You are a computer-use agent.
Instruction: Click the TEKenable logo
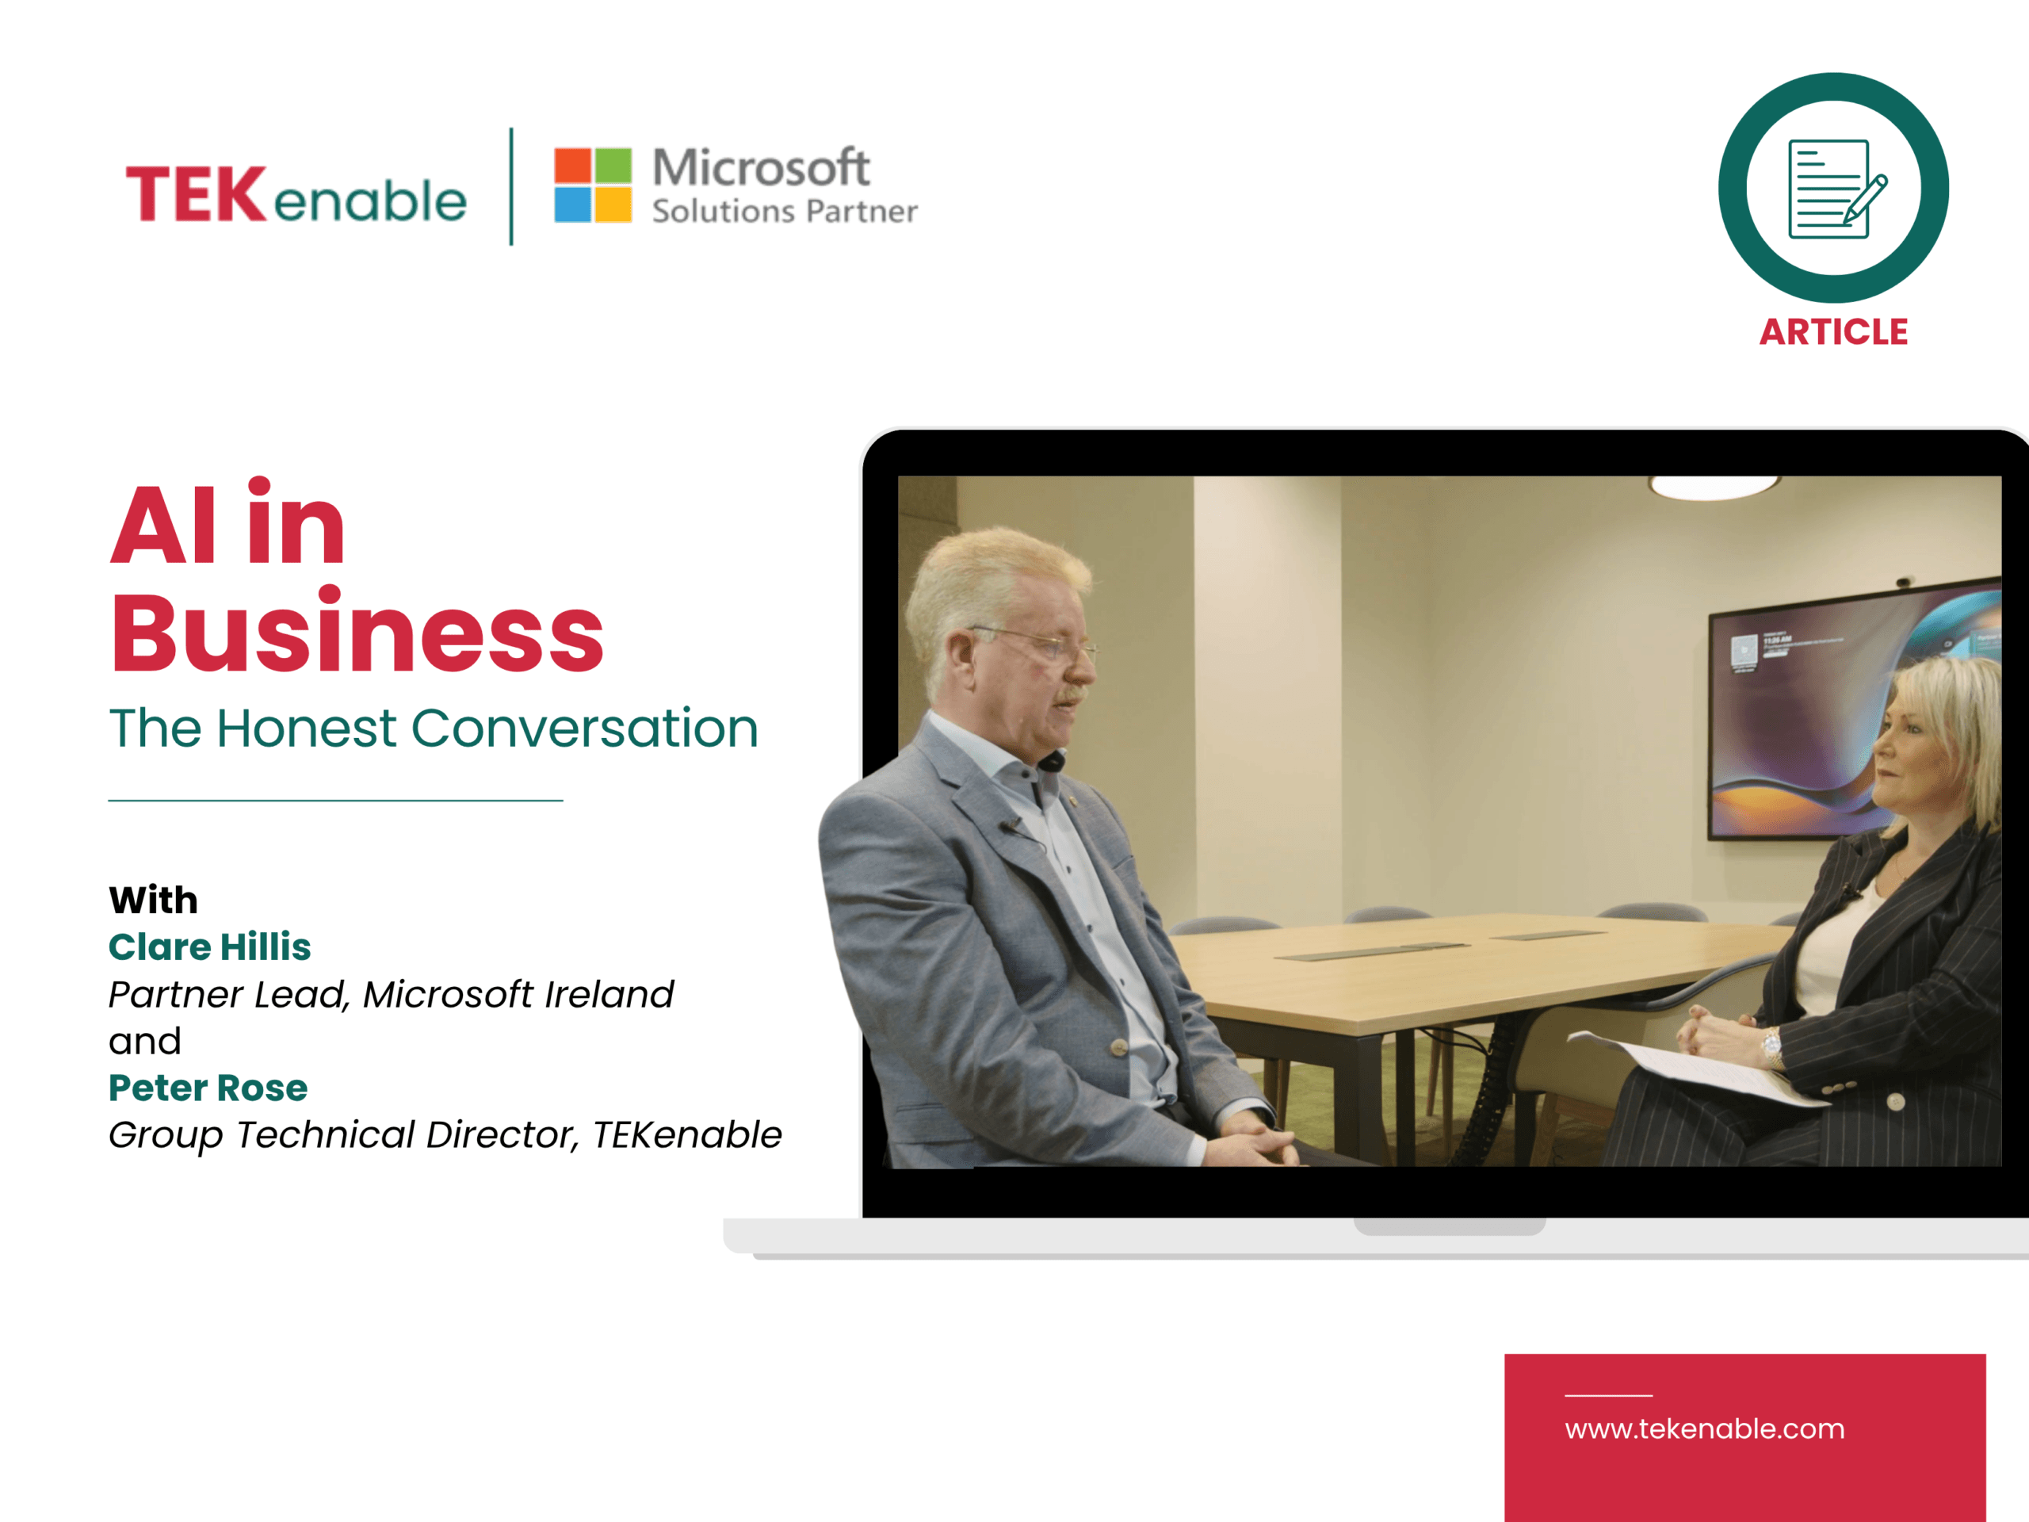pos(296,193)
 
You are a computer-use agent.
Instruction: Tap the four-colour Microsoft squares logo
pos(593,185)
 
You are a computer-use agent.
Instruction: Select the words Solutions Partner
pos(785,212)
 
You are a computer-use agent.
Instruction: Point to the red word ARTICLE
pos(1833,332)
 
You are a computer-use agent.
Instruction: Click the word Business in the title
pos(357,633)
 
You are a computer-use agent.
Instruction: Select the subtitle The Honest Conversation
pos(434,728)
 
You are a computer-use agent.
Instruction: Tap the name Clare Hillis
pos(210,946)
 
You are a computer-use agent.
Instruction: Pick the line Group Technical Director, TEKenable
pos(445,1136)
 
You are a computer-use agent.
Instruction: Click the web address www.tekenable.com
pos(1704,1429)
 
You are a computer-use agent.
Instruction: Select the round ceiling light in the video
pos(1713,488)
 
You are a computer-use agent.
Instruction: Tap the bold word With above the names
pos(153,900)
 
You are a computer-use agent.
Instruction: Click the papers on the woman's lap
pos(1697,1069)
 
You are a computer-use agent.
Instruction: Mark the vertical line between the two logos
pos(511,186)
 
